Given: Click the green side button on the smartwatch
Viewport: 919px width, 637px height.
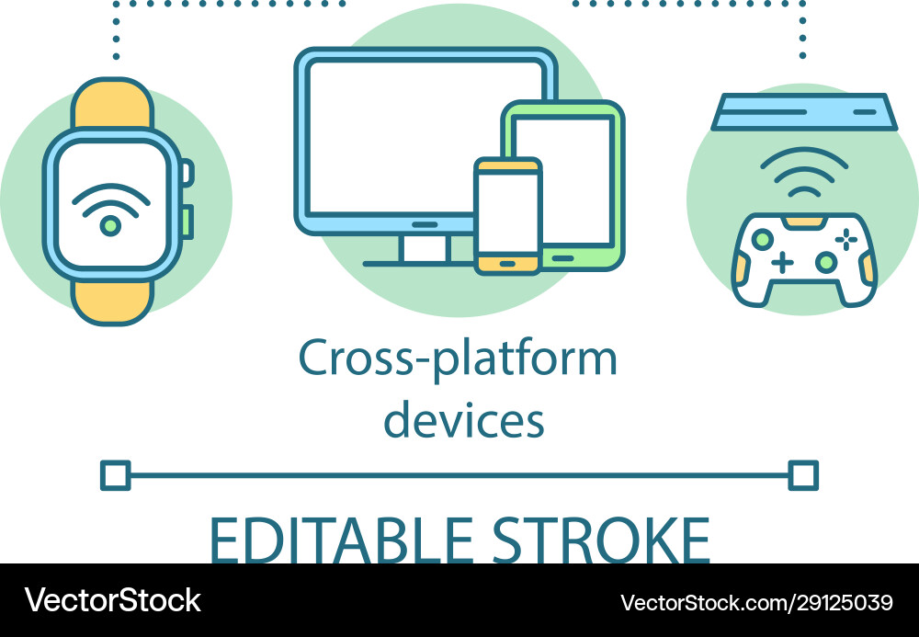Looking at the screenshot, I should pos(189,221).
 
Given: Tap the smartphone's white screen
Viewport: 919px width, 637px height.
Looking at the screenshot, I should pos(507,210).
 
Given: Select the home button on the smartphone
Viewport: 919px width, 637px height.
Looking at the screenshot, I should pos(507,263).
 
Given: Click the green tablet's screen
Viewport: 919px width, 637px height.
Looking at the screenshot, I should pos(574,175).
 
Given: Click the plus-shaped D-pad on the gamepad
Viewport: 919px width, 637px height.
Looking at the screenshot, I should pos(782,262).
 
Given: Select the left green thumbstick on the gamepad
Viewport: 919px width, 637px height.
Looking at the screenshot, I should pos(762,239).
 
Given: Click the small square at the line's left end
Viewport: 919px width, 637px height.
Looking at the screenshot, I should pos(115,475).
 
